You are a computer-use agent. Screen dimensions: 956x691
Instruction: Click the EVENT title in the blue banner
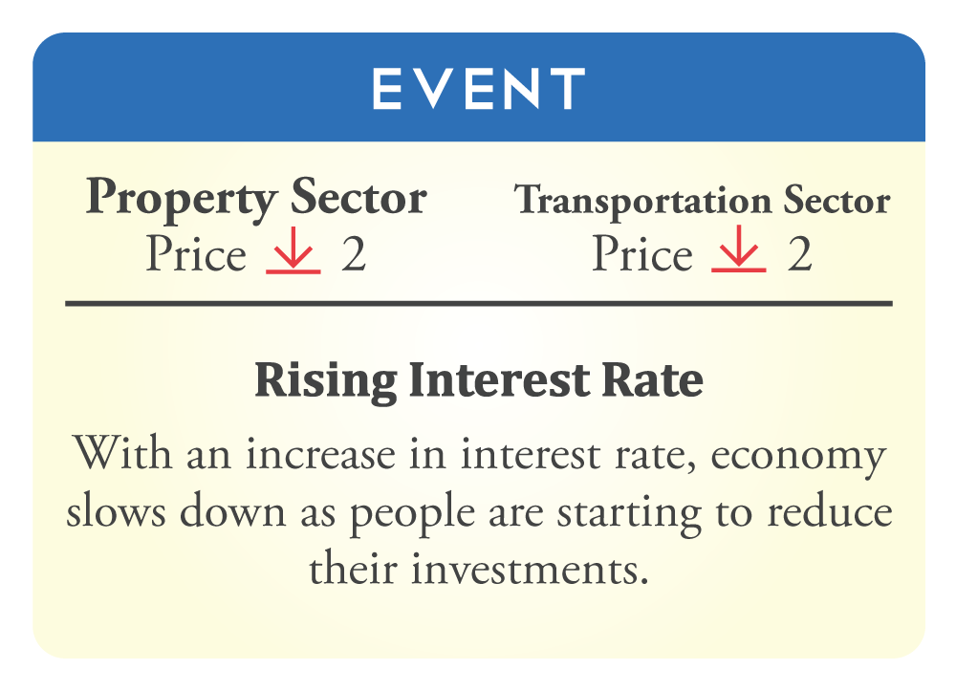point(479,88)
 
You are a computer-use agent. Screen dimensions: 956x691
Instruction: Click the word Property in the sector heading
point(181,199)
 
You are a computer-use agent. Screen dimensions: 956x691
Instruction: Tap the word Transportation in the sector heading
point(643,201)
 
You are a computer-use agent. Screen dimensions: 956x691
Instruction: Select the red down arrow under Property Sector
point(293,250)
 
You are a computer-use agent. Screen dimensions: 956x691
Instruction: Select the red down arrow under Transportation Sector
point(739,248)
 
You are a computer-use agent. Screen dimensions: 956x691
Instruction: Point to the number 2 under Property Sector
point(354,254)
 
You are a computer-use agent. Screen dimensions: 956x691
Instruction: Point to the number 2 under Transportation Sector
point(800,253)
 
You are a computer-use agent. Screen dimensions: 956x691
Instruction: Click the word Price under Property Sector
point(196,253)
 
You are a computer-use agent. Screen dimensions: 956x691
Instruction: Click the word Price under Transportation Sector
point(642,253)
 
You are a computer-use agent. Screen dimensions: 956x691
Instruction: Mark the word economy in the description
point(797,457)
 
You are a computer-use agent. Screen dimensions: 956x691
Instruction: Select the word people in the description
point(411,513)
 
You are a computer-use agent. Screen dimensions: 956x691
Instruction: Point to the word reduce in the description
point(830,509)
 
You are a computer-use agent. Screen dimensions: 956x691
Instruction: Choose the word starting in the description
point(629,513)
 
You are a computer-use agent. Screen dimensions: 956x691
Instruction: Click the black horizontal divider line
point(479,304)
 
